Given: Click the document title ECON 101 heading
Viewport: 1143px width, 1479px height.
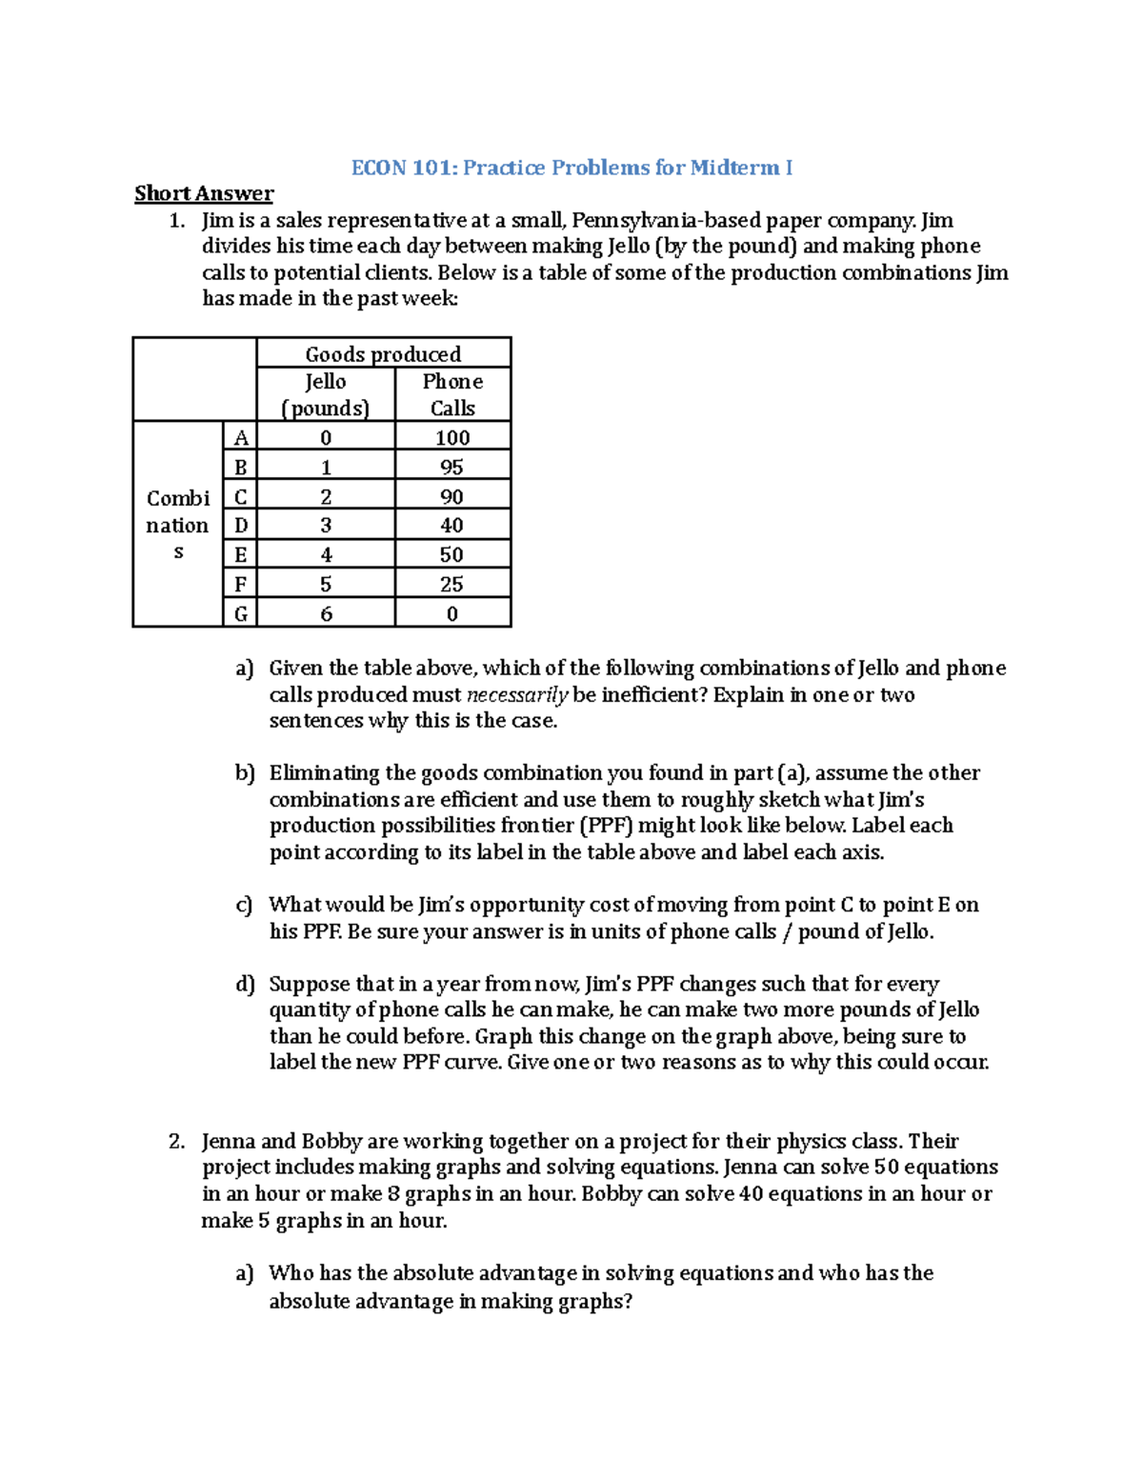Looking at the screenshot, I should pos(571,168).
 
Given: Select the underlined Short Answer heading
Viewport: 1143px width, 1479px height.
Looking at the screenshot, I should pos(204,193).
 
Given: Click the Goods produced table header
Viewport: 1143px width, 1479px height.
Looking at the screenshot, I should pos(383,354).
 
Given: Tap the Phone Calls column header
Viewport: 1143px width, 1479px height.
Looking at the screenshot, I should pos(452,394).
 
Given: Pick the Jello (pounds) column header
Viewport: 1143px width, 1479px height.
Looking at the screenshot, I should pos(326,394).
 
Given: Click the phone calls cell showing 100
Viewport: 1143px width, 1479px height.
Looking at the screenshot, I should pos(452,437).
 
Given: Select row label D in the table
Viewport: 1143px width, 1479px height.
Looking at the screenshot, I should pos(240,525).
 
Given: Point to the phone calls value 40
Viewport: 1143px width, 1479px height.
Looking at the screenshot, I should pos(452,525).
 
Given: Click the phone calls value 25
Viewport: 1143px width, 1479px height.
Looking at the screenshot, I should pos(452,584).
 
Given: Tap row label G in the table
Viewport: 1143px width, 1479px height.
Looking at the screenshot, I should pos(240,614).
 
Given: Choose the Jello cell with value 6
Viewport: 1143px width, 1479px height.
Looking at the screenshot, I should pos(326,614).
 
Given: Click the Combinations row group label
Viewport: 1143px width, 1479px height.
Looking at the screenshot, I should pos(178,525).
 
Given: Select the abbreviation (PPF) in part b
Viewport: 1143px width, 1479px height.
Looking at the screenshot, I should pos(607,825).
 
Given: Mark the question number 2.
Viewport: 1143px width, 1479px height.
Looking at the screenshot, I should pos(176,1141).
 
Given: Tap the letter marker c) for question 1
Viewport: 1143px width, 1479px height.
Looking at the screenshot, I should pos(245,905).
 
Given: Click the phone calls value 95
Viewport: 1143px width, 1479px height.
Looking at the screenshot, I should pos(452,467).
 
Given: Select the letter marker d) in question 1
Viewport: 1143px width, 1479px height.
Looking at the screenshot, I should pos(245,984).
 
